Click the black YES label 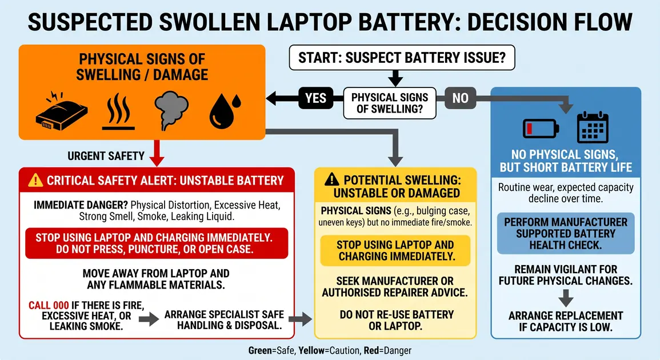coord(315,98)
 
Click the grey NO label coord(460,98)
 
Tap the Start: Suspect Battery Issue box coord(402,58)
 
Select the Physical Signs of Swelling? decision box coord(390,103)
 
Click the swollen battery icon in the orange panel coord(62,110)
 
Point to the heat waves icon coord(119,111)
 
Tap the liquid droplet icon coord(225,111)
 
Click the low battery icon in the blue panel coord(541,128)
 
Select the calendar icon coord(593,127)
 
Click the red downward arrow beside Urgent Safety coord(157,153)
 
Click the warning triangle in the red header coord(35,180)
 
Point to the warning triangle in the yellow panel coord(331,179)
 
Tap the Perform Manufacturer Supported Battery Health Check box coord(566,234)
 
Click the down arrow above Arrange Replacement coord(566,298)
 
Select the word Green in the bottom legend coord(259,350)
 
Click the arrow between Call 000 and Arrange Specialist coord(149,319)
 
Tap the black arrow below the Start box coord(395,78)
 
